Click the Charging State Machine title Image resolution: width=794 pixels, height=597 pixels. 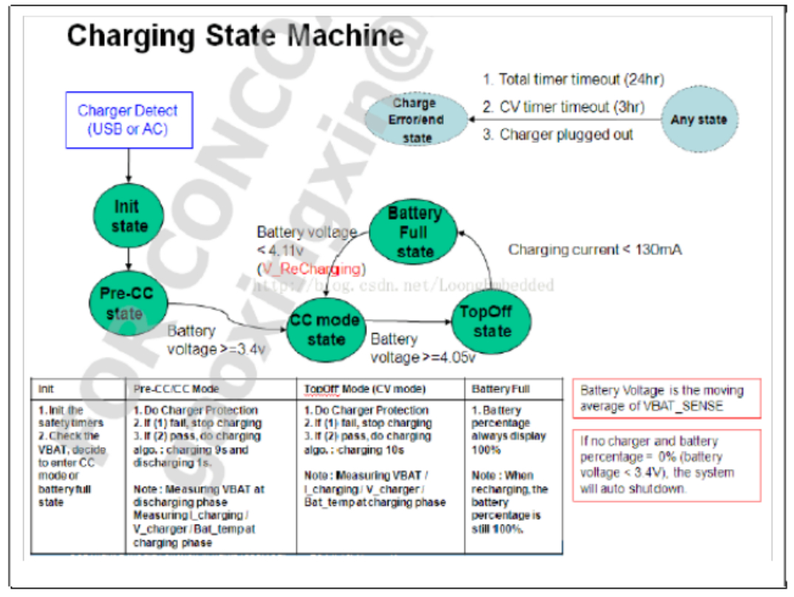tap(236, 35)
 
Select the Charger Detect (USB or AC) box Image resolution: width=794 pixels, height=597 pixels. tap(128, 120)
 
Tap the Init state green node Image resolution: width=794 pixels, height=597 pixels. tap(129, 216)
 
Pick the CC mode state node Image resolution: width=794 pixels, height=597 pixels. tap(326, 330)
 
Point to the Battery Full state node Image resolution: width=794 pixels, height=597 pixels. tap(414, 233)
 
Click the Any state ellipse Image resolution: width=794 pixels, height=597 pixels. tap(698, 120)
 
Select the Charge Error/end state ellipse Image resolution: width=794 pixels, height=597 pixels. tap(417, 120)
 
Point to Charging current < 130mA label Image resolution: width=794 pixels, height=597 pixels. tap(595, 250)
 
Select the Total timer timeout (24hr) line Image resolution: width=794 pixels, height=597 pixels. tap(564, 80)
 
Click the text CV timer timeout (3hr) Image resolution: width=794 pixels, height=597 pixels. tap(564, 107)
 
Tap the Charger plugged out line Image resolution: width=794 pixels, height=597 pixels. tap(558, 134)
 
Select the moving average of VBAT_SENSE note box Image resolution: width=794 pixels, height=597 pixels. tap(665, 398)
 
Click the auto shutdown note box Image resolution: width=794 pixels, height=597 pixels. tap(665, 465)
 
